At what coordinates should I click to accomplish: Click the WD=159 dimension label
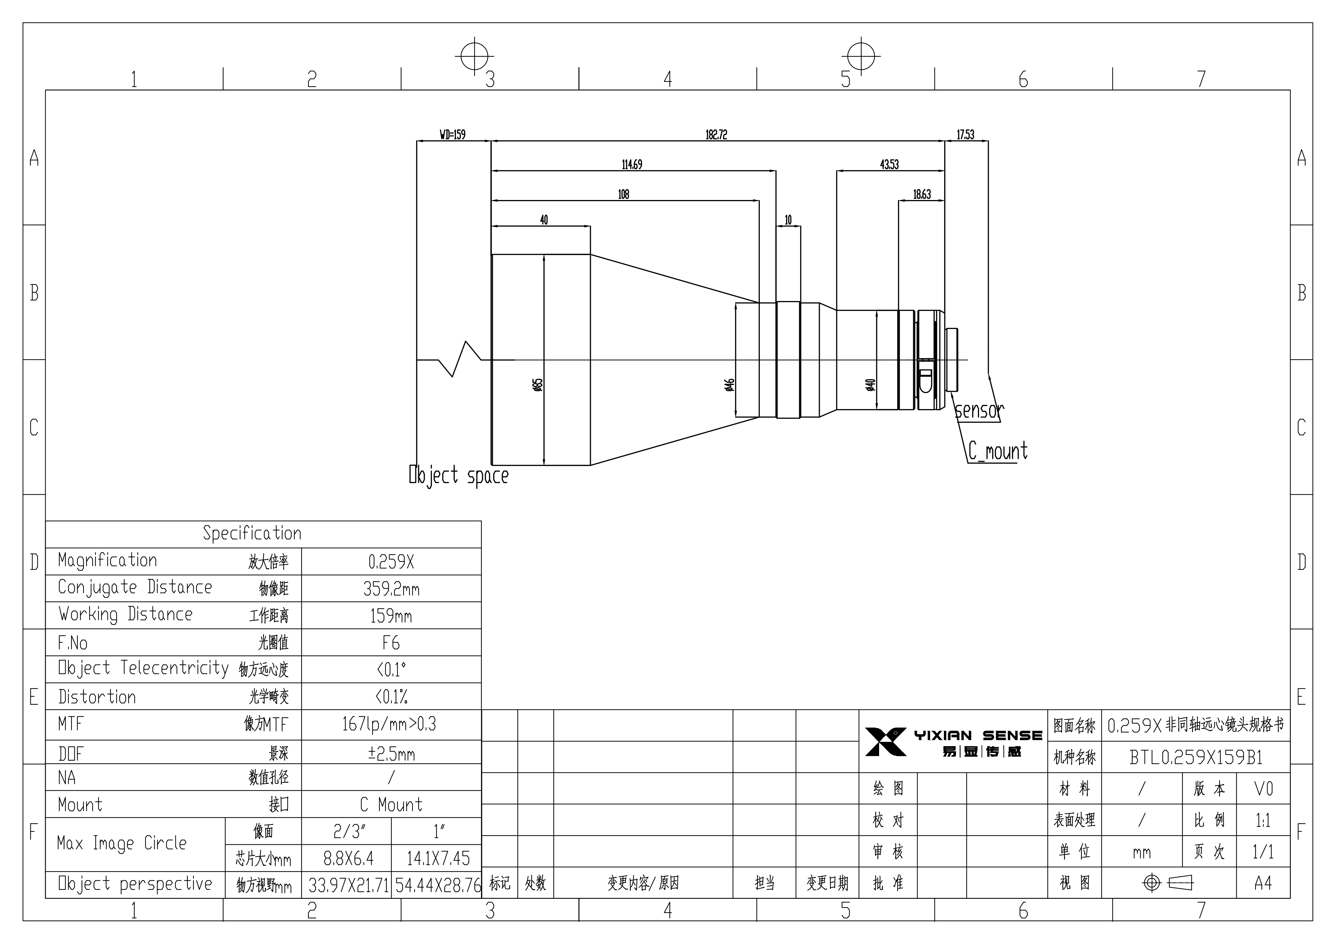pos(452,135)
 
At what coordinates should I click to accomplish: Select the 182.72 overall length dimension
pos(716,135)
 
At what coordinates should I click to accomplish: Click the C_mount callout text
pos(998,451)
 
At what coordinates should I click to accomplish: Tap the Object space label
pos(459,476)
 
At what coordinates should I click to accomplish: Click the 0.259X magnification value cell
pos(391,562)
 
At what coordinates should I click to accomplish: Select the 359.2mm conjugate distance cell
pos(391,589)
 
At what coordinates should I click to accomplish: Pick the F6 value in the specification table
pos(391,643)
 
